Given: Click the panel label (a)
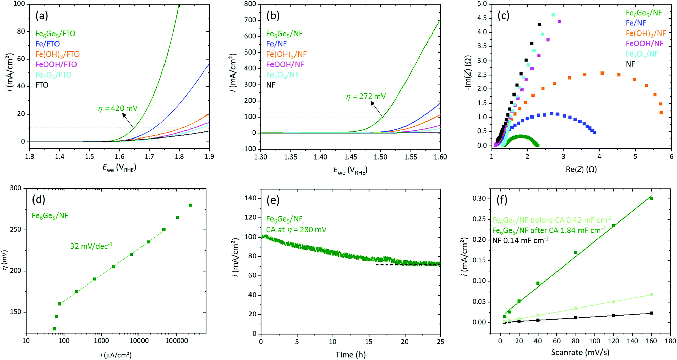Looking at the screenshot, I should click(x=42, y=16).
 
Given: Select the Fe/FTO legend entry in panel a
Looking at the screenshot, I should click(x=47, y=44).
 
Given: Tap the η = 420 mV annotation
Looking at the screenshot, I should click(x=118, y=109).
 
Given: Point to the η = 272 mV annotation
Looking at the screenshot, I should click(x=366, y=97).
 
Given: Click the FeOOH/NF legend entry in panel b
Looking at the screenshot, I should click(x=285, y=64).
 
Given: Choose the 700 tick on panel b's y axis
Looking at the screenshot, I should click(x=250, y=20).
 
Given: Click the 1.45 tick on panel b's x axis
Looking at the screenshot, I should click(x=351, y=157).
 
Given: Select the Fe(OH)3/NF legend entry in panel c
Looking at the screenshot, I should click(x=646, y=34).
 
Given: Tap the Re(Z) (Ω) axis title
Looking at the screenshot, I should click(x=581, y=169).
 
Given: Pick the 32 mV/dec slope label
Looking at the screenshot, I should click(x=91, y=246).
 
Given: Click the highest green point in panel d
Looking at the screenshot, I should click(x=191, y=205).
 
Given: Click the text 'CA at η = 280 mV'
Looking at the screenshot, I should click(x=296, y=230).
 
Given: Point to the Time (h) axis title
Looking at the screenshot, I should click(x=350, y=355).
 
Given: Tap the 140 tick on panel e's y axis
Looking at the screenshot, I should click(x=250, y=198).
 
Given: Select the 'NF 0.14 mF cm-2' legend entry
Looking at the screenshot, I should click(x=520, y=241).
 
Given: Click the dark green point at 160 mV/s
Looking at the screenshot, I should click(x=651, y=199).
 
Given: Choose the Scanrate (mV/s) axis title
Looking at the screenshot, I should click(x=580, y=353).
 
